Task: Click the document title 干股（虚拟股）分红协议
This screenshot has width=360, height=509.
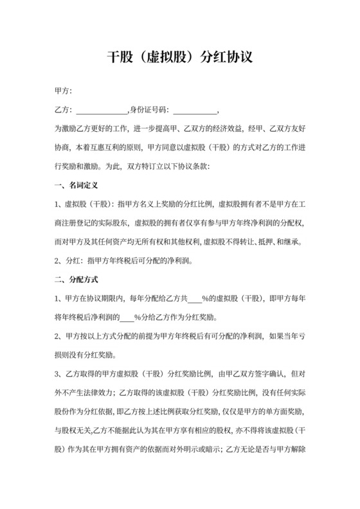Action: (179, 57)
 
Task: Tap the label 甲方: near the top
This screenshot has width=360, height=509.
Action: (64, 91)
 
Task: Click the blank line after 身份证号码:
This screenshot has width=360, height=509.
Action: (195, 109)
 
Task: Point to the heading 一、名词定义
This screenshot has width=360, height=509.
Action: (76, 186)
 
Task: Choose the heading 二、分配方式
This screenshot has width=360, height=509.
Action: (76, 280)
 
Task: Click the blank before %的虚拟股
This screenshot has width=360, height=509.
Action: (194, 299)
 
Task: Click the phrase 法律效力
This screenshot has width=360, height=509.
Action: (122, 392)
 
